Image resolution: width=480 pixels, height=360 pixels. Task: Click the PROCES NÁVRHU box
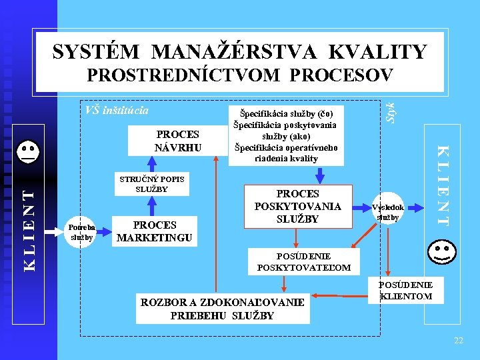[177, 141]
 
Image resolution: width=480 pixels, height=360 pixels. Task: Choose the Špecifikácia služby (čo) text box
[285, 135]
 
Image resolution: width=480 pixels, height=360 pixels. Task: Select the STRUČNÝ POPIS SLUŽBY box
[152, 183]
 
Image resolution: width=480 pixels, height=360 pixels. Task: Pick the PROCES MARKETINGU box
[154, 231]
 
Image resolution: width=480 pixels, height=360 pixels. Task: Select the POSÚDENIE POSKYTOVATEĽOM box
[303, 261]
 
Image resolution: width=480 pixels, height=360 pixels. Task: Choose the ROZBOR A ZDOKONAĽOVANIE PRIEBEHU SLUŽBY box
[223, 309]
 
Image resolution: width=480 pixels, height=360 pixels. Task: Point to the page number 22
[458, 341]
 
